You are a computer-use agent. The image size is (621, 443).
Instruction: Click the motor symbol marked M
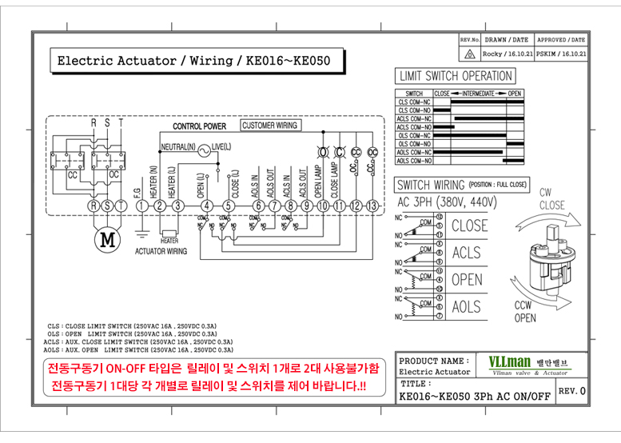[105, 237]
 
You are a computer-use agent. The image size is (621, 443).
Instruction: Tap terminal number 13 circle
[372, 206]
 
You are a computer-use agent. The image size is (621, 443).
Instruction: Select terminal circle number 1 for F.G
[141, 206]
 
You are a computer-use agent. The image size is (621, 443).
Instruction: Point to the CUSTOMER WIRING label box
[269, 126]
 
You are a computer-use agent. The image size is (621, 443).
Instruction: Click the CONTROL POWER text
[199, 126]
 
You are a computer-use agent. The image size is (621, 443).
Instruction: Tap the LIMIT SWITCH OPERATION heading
[455, 76]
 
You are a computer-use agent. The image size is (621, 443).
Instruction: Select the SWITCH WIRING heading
[431, 185]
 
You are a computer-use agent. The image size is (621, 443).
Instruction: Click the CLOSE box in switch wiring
[469, 225]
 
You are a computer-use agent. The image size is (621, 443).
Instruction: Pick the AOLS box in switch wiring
[467, 307]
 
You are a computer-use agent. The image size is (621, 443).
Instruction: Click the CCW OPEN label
[525, 313]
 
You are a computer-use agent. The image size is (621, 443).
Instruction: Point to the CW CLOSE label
[551, 199]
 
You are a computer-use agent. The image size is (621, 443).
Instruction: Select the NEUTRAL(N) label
[177, 148]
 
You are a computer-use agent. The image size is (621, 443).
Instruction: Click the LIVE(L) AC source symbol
[203, 149]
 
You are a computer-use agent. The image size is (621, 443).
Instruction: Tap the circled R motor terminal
[94, 206]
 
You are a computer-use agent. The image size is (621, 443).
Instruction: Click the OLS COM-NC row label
[415, 136]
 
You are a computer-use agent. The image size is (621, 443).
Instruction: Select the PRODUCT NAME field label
[434, 361]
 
